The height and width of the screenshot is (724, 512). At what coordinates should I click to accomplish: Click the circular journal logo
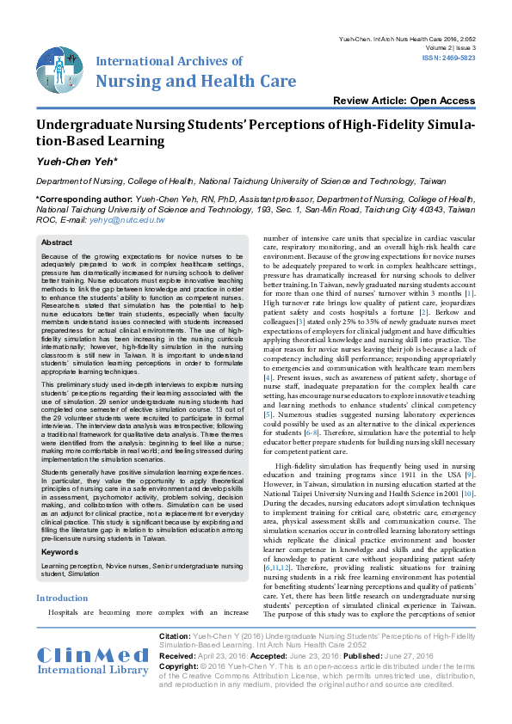60,71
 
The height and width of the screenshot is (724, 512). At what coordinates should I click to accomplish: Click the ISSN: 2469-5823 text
447,58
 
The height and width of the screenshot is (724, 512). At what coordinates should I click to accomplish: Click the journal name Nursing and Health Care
195,82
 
